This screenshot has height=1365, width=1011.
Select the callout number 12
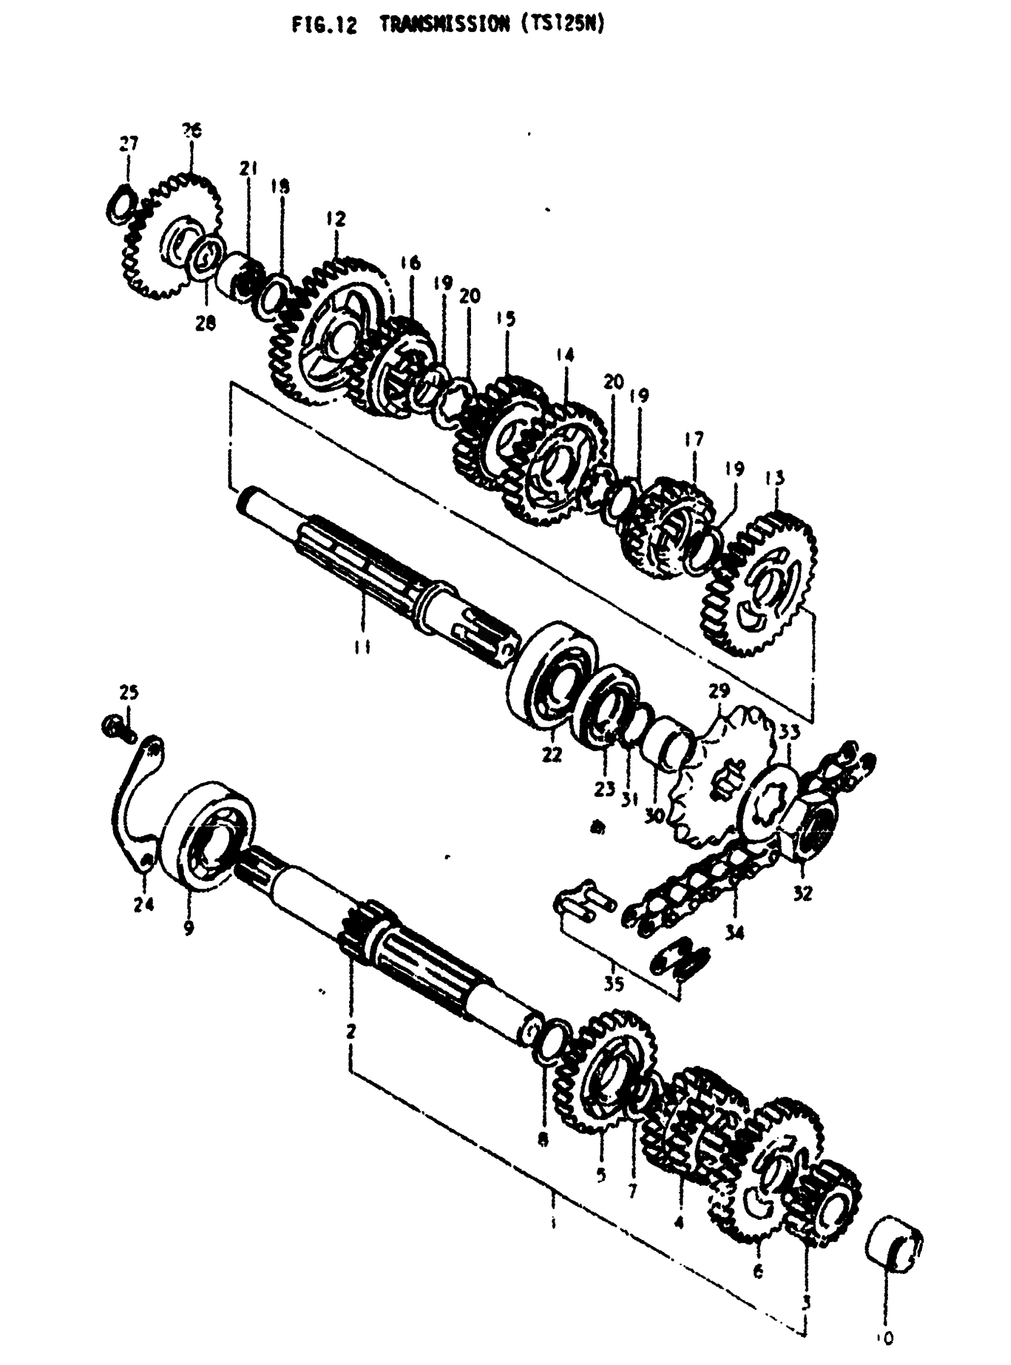(x=336, y=218)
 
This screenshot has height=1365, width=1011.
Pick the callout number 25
(x=129, y=692)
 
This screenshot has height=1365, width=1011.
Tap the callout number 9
(x=189, y=928)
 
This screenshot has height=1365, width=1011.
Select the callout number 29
(x=720, y=691)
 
